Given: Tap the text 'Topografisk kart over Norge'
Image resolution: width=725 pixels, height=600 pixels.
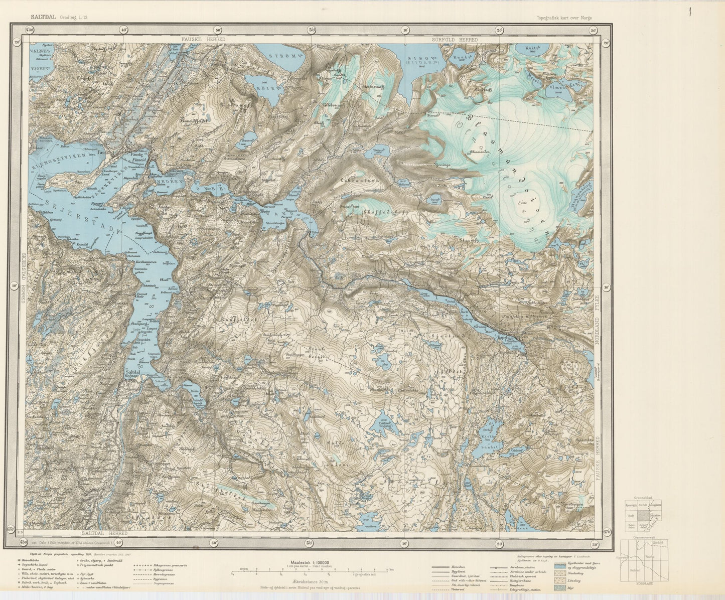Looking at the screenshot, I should coord(564,18).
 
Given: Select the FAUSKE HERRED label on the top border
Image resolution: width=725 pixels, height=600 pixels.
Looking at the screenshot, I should coord(203,39).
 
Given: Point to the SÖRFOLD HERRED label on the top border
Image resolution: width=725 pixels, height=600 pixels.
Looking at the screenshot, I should coord(455,39).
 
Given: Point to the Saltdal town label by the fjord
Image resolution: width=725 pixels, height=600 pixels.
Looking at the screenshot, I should coord(133,372).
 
